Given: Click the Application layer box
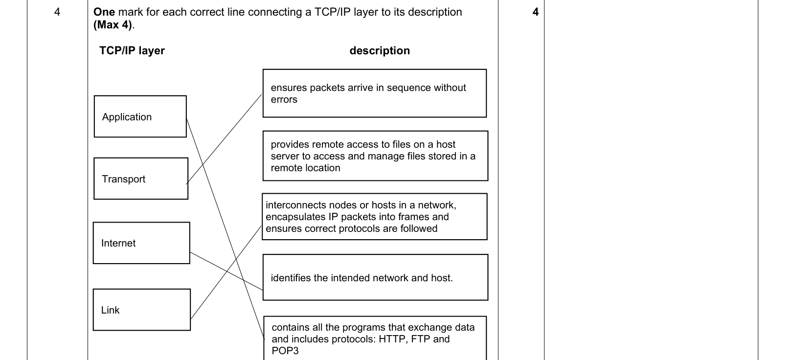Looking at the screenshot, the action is (x=140, y=116).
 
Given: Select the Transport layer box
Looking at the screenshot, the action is (x=141, y=179).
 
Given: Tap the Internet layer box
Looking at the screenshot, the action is (x=141, y=243).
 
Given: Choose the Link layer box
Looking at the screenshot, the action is (x=141, y=310).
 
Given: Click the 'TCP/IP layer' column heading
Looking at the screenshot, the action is (x=132, y=50).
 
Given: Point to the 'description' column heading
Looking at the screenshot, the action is (x=380, y=50).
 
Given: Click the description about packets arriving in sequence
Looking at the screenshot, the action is (x=375, y=93).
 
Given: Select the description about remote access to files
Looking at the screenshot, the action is (x=375, y=156).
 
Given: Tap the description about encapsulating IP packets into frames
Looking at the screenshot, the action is (x=375, y=217).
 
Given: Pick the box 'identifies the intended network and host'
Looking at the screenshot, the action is (x=375, y=277).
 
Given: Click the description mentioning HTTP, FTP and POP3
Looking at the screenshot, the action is (x=375, y=338).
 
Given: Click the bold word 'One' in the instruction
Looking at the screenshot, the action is (x=104, y=12).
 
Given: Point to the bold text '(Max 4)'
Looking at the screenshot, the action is (x=113, y=25).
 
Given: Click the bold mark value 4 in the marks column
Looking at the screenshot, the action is (x=535, y=12).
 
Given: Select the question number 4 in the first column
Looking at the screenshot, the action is (x=57, y=12).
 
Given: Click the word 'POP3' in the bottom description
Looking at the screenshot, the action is (x=285, y=351).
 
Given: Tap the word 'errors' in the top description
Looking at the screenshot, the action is (x=284, y=99).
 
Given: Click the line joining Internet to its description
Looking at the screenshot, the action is (x=227, y=271).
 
